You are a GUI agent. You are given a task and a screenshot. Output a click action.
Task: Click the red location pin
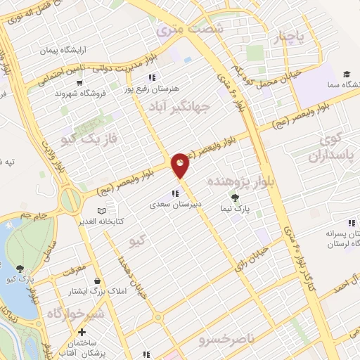tap(181, 165)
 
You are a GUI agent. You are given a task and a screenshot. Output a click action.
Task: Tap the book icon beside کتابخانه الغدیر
tap(101, 210)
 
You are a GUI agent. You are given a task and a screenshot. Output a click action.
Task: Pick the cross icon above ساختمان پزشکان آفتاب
tap(82, 331)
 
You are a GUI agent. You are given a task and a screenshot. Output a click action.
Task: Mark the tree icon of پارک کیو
tap(20, 268)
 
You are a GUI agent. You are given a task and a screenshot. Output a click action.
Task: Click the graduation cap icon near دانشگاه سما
tap(347, 74)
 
